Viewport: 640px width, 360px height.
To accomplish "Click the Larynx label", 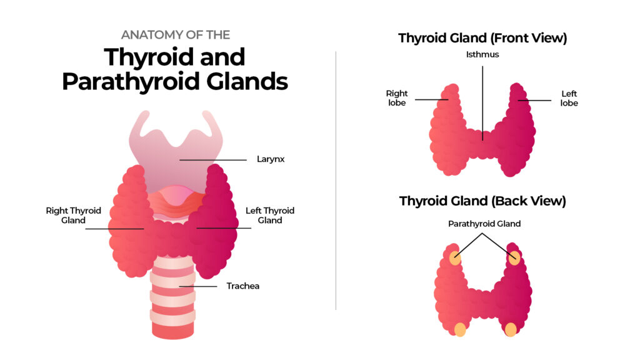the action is [x=271, y=159].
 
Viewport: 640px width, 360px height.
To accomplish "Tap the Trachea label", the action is [x=242, y=286].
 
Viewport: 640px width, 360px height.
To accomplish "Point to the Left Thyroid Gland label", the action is [x=269, y=216].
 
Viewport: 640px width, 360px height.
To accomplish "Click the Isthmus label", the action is [x=482, y=55].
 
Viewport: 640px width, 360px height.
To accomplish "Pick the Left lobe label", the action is [x=569, y=99].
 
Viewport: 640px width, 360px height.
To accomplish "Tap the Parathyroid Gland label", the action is [x=484, y=223].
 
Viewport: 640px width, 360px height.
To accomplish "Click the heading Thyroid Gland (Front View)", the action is [x=482, y=38].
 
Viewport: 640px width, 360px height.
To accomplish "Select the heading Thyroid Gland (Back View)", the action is [x=482, y=201].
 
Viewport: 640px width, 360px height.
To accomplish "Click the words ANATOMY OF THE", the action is [x=176, y=35].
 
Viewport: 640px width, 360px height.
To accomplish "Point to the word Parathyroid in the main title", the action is [x=138, y=82].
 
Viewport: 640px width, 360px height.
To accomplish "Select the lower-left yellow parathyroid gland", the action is [x=460, y=329].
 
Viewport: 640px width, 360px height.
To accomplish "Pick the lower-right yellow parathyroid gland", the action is [x=511, y=329].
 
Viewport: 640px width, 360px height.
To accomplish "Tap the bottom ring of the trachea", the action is [x=173, y=331].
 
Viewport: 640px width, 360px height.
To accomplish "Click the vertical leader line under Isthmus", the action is [x=482, y=100].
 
